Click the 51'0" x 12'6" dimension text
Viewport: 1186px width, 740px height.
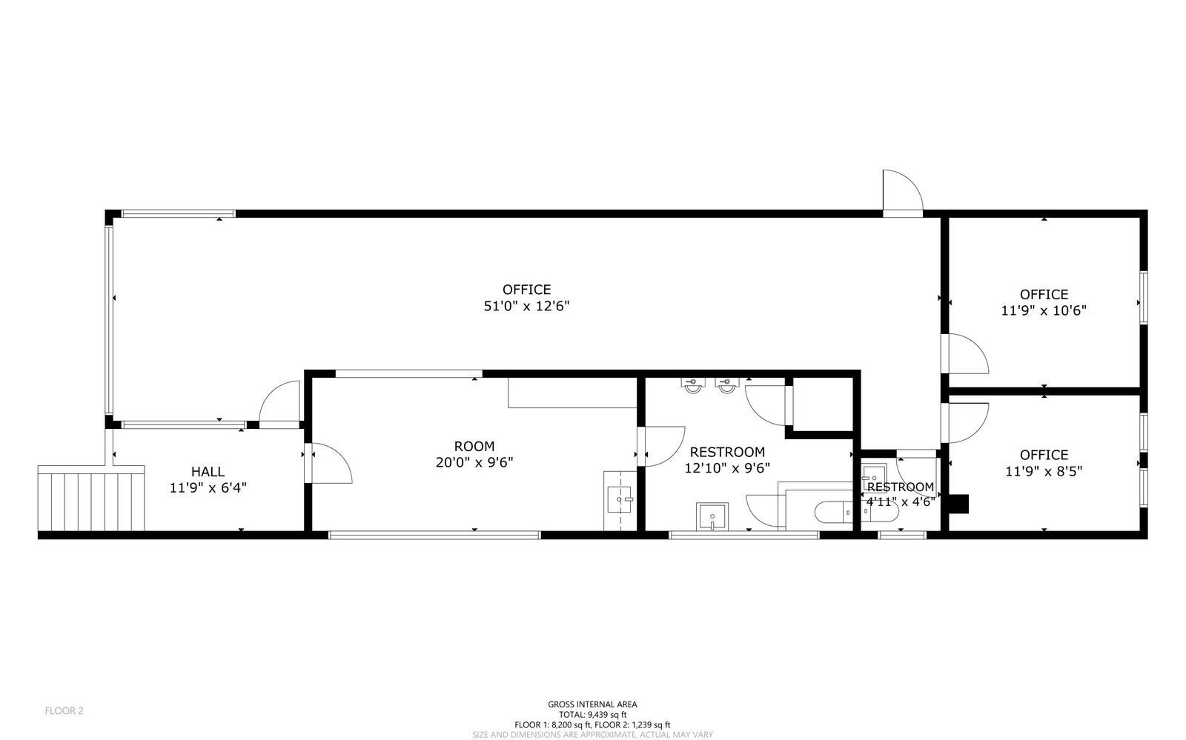tap(526, 306)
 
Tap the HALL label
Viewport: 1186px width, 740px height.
tap(208, 471)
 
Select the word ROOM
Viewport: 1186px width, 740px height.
tap(474, 447)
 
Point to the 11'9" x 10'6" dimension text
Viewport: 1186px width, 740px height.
tap(1044, 310)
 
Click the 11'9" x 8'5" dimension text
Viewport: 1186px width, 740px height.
tap(1044, 471)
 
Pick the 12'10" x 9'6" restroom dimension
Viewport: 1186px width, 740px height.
tap(727, 468)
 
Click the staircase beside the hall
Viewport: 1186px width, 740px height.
tap(91, 498)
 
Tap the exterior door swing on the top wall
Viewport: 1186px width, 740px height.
tap(903, 191)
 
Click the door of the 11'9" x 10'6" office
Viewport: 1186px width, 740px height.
tap(964, 353)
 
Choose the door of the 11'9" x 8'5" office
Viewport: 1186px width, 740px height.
tap(964, 423)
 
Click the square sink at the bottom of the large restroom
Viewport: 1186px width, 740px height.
tap(712, 516)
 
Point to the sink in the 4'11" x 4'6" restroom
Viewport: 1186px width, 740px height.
tap(874, 475)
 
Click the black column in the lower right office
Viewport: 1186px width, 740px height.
tap(958, 504)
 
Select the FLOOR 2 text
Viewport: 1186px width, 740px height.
tap(64, 711)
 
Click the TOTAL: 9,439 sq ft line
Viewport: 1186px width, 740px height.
tap(592, 715)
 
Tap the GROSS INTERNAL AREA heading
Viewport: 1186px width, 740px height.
tap(592, 704)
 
